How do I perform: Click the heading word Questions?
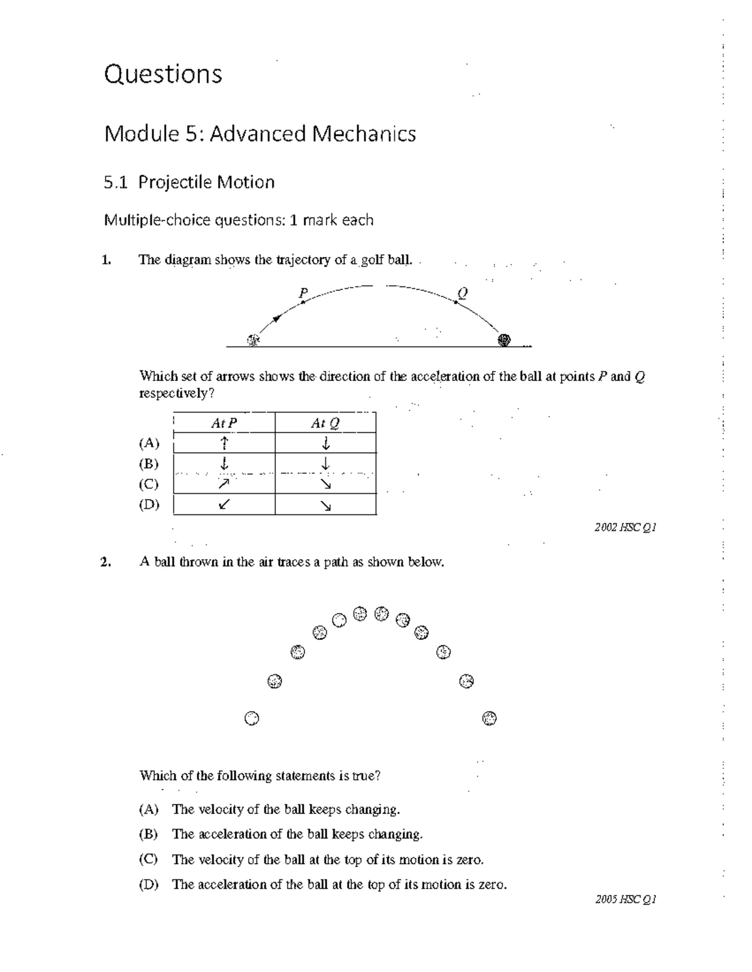[x=163, y=74]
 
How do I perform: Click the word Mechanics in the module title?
[x=363, y=133]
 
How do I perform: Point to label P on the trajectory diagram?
[x=303, y=293]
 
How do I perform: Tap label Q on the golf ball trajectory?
[x=462, y=293]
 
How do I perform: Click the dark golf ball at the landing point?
[x=504, y=340]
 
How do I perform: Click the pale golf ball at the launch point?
[x=253, y=340]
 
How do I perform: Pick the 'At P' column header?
[x=224, y=424]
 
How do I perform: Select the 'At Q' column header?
[x=325, y=424]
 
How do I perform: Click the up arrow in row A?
[x=224, y=443]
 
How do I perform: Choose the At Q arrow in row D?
[x=325, y=505]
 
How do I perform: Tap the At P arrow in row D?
[x=224, y=504]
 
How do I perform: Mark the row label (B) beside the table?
[x=149, y=464]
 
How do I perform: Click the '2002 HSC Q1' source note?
[x=625, y=528]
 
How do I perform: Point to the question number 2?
[x=105, y=562]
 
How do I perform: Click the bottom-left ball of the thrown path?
[x=251, y=718]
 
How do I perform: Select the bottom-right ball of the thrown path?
[x=490, y=718]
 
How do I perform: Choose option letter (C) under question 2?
[x=149, y=859]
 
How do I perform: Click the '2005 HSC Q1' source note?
[x=625, y=900]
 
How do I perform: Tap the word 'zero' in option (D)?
[x=491, y=884]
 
